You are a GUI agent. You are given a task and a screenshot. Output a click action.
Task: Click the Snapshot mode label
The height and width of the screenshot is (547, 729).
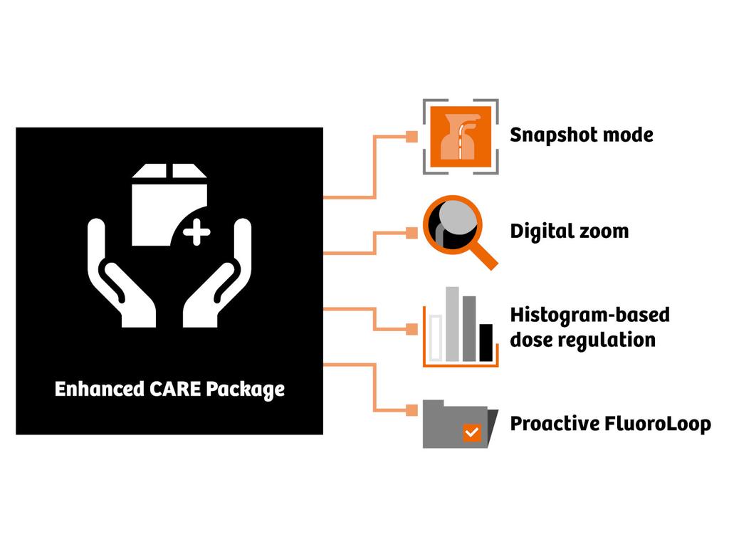coord(581,135)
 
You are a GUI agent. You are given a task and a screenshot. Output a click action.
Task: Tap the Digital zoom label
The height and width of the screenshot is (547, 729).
coord(569,231)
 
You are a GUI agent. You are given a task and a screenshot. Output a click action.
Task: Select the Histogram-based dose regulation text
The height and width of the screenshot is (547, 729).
coord(590,327)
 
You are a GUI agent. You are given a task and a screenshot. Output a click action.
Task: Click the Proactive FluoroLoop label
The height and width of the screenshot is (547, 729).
coord(610,424)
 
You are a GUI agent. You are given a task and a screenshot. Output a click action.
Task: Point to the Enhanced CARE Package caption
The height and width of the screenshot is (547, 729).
coord(169,390)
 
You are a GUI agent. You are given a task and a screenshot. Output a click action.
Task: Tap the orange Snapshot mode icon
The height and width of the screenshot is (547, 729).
coord(461,136)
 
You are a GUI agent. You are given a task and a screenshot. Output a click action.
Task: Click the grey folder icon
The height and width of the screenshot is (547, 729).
coord(456,423)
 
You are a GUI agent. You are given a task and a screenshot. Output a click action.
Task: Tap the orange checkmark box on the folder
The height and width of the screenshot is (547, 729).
coord(471,432)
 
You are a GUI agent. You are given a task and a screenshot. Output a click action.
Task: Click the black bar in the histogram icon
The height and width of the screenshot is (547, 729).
coord(486,343)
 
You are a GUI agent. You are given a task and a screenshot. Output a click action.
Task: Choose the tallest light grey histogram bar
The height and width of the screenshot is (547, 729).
coord(452,324)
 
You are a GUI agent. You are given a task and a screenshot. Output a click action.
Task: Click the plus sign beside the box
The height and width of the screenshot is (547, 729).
coord(196,232)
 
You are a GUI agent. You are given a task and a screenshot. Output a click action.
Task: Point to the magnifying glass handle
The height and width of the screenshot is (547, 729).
coord(483,256)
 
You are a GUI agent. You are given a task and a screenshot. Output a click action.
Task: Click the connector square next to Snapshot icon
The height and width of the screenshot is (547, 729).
coord(411,137)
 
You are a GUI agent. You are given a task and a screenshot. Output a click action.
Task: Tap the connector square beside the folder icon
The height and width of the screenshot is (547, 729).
coord(411,410)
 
